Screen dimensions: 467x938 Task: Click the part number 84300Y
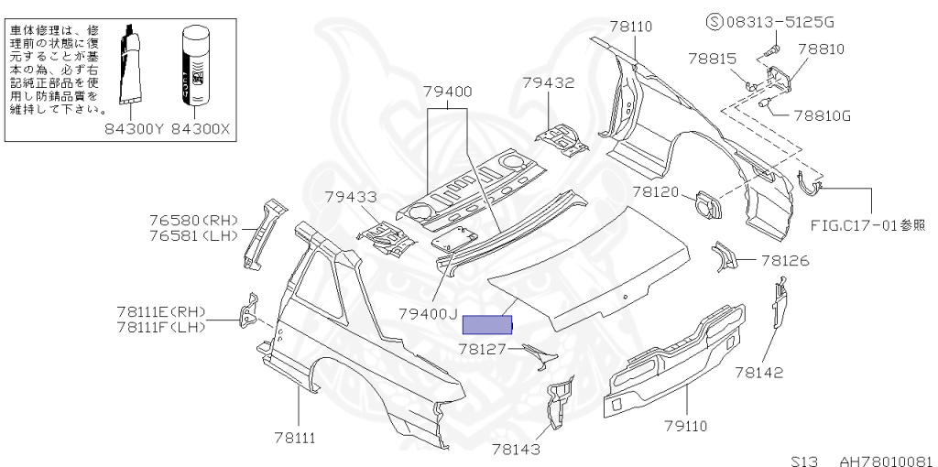[133, 129]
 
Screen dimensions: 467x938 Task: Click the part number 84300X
[202, 129]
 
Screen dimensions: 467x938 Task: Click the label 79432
[548, 82]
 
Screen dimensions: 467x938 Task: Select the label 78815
[712, 59]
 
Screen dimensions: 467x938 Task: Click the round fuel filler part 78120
[706, 203]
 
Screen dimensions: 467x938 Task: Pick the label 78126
[785, 261]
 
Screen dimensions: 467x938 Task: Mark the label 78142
[758, 372]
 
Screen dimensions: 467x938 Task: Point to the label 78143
[516, 449]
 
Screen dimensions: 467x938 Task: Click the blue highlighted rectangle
[487, 324]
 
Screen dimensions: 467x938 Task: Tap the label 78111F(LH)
[161, 327]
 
